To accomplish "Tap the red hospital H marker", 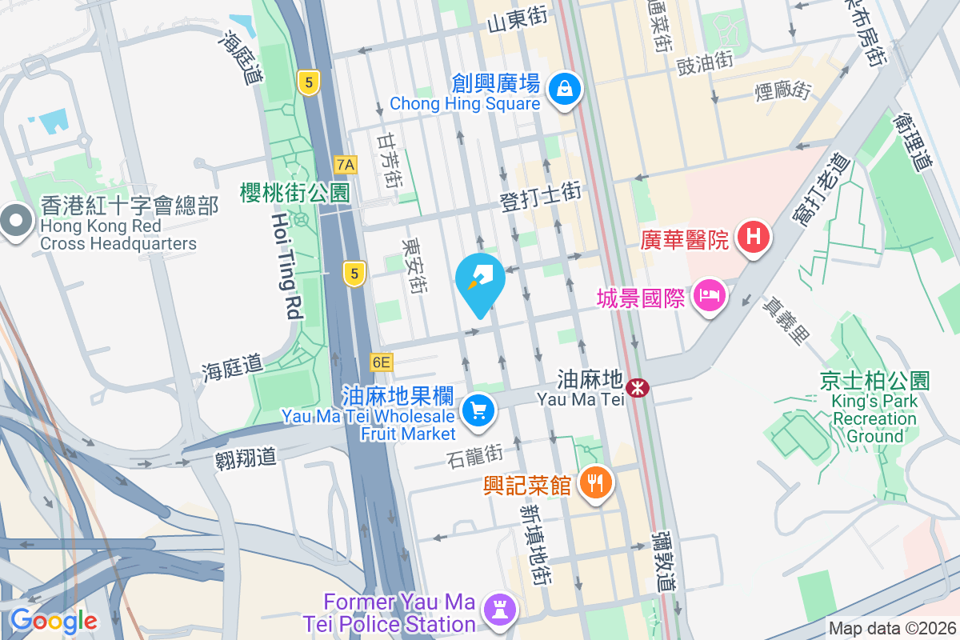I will tap(753, 238).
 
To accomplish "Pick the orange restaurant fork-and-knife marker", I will tap(594, 482).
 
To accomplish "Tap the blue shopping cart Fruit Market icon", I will tap(478, 411).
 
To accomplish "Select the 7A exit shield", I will tap(346, 165).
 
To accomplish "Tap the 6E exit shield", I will tap(382, 362).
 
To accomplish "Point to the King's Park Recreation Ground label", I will tap(874, 410).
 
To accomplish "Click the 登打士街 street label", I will tap(540, 198).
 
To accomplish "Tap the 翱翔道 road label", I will tap(246, 458).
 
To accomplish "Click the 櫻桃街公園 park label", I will tap(295, 192).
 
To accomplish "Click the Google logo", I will tap(54, 620).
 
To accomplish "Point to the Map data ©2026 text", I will tap(891, 629).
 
